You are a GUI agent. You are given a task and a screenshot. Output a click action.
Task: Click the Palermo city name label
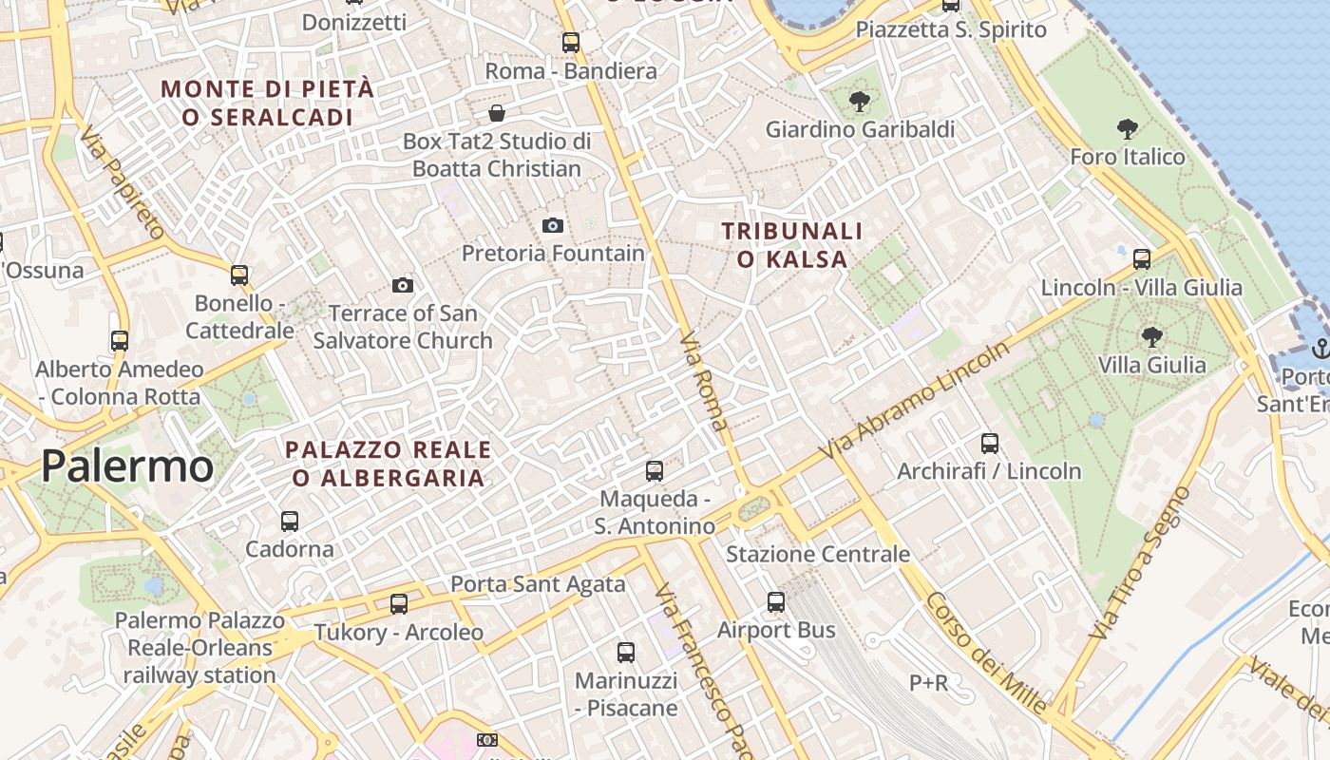[127, 466]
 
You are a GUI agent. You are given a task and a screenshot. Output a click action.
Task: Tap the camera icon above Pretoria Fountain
[552, 225]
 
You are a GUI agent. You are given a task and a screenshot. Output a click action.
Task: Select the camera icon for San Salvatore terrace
[403, 285]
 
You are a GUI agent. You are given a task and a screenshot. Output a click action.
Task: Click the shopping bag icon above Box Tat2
[496, 114]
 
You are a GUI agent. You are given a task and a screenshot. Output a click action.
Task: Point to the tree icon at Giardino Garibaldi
[860, 101]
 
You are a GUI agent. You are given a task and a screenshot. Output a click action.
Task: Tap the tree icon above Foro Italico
[1128, 128]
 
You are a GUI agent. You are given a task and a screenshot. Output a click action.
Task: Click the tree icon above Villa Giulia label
[1151, 336]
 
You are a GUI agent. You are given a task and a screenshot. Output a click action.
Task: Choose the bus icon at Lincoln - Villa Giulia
[1142, 258]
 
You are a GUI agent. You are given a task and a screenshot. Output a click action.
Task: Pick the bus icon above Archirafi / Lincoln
[990, 443]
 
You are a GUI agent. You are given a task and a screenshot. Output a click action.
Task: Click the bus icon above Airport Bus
[776, 601]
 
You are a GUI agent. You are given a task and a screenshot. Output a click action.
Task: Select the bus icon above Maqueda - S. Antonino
[654, 470]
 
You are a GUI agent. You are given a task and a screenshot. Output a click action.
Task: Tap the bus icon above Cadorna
[290, 521]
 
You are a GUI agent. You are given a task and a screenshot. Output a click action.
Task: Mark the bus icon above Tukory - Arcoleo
[399, 603]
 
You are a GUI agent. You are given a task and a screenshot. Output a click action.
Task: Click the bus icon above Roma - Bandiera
[570, 42]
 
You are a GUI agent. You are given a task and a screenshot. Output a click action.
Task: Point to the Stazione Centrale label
[818, 554]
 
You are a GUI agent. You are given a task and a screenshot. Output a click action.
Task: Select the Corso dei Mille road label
[987, 654]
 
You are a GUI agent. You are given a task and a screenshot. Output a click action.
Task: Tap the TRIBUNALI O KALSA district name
[791, 245]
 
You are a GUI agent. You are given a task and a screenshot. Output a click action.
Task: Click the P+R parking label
[928, 682]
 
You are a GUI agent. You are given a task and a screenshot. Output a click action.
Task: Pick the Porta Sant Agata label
[538, 583]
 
